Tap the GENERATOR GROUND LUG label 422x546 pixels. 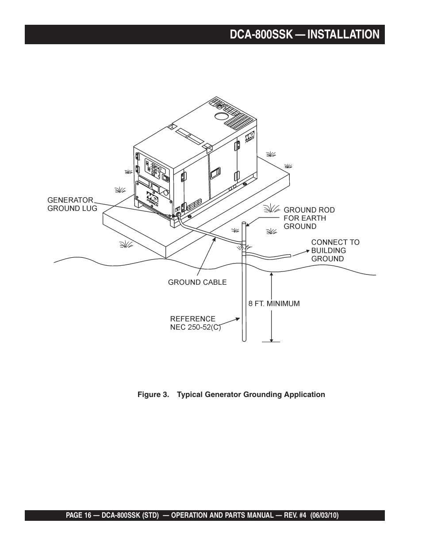[x=72, y=204]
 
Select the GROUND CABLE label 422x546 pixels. [x=197, y=282]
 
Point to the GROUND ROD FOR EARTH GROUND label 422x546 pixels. [x=309, y=218]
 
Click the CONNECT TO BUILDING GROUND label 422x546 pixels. [x=335, y=250]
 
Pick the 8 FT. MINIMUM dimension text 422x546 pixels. [x=274, y=304]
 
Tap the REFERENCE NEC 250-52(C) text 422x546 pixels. [x=195, y=323]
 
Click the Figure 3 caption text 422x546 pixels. [x=231, y=394]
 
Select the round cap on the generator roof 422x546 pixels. [x=221, y=117]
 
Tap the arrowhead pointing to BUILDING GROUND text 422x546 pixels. [x=306, y=251]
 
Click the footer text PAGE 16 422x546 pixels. [x=80, y=515]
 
